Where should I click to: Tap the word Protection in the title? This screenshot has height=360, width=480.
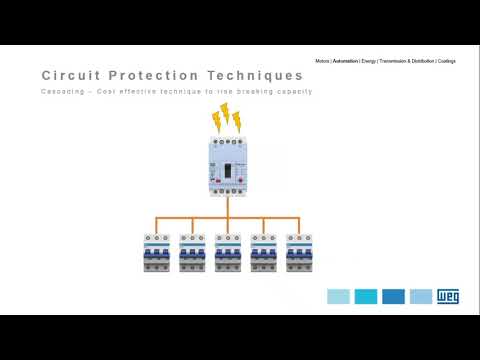pyautogui.click(x=152, y=76)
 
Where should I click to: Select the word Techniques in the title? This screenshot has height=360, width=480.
pyautogui.click(x=254, y=76)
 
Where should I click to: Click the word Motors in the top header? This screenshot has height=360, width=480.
pyautogui.click(x=322, y=61)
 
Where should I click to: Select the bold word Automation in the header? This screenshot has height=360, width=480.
pyautogui.click(x=346, y=61)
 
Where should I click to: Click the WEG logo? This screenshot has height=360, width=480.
pyautogui.click(x=447, y=297)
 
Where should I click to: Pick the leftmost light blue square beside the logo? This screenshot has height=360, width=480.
pyautogui.click(x=338, y=297)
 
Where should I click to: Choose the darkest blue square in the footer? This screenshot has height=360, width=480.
pyautogui.click(x=393, y=297)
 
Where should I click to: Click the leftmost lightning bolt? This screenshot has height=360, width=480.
pyautogui.click(x=215, y=122)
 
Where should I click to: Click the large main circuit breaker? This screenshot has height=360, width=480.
pyautogui.click(x=227, y=166)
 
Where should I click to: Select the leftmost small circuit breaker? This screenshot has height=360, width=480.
pyautogui.click(x=156, y=253)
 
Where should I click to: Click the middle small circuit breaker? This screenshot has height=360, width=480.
pyautogui.click(x=228, y=253)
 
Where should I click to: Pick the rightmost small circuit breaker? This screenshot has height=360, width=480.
pyautogui.click(x=299, y=253)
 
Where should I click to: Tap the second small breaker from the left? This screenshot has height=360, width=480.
pyautogui.click(x=192, y=253)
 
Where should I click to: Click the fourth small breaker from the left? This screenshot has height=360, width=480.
pyautogui.click(x=264, y=253)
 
